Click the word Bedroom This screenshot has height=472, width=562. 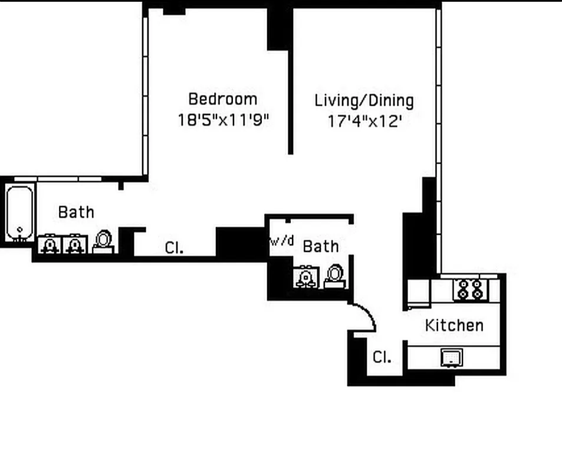click(222, 99)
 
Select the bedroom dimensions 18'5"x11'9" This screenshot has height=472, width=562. click(223, 120)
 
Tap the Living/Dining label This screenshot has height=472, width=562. click(364, 100)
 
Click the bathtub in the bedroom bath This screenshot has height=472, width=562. click(20, 214)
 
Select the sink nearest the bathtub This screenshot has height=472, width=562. click(50, 244)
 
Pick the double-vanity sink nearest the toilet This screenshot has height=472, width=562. click(74, 244)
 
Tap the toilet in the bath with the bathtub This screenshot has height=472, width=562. click(103, 241)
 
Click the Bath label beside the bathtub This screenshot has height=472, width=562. click(76, 212)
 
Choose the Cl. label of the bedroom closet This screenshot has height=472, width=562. click(174, 248)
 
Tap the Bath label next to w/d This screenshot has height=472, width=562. click(321, 246)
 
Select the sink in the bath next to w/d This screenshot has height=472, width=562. click(306, 277)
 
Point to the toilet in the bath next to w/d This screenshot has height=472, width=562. click(334, 276)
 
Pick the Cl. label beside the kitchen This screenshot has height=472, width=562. click(382, 357)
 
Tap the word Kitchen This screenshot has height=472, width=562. click(454, 325)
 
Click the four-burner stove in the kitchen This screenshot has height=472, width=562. click(471, 289)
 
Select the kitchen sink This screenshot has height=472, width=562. click(452, 357)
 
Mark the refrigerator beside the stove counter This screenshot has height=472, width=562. click(418, 293)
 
